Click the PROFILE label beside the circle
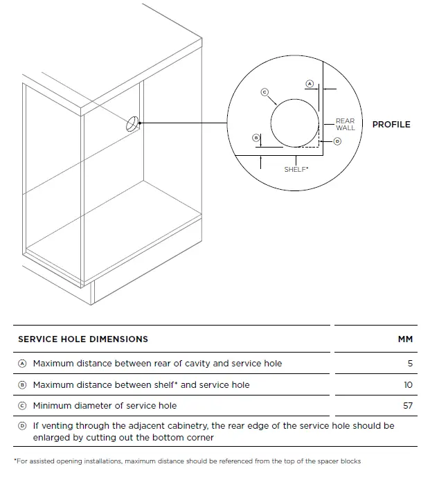point(391,125)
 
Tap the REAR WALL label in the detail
point(345,125)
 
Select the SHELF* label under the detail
point(296,169)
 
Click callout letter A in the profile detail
point(310,84)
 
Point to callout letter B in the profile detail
point(256,138)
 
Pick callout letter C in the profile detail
point(264,91)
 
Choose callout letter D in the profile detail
point(337,141)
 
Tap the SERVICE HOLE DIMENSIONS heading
point(83,339)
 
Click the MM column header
point(405,339)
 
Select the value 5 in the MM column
point(409,364)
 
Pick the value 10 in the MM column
point(408,384)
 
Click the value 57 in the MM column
point(407,405)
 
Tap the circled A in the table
point(22,364)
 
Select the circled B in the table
point(22,384)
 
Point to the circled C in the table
point(22,405)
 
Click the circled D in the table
point(22,426)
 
